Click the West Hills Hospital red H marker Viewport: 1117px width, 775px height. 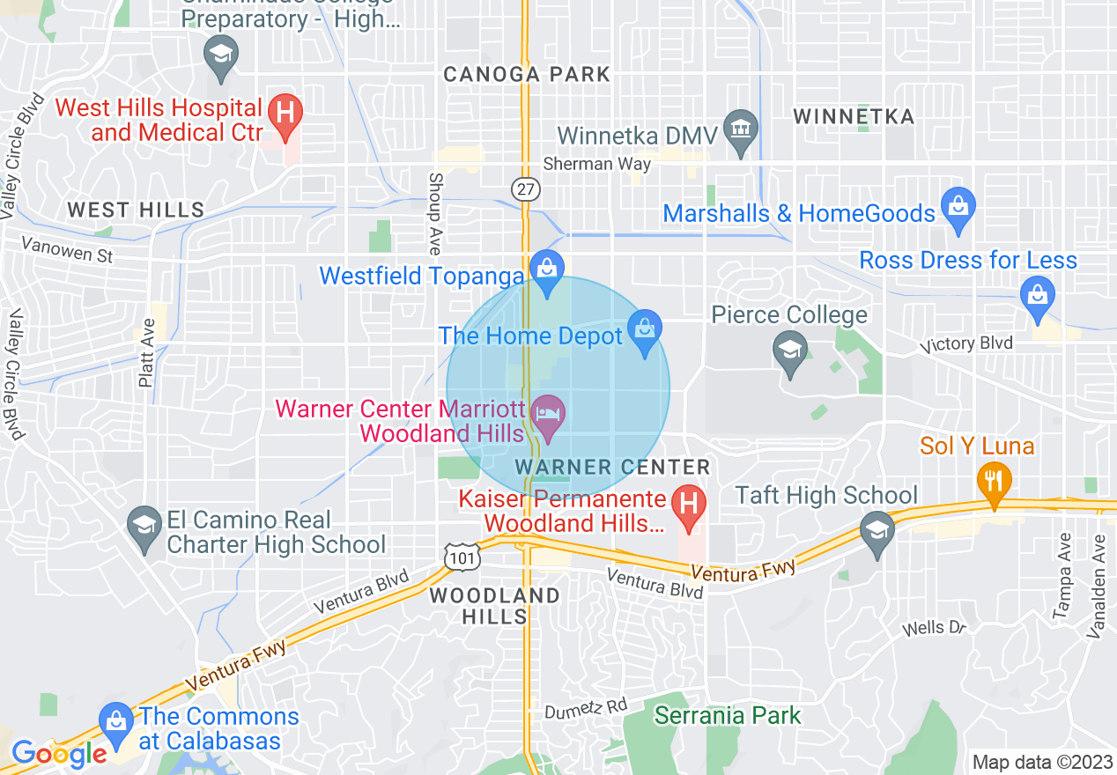pyautogui.click(x=285, y=114)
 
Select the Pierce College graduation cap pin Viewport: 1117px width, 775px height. pyautogui.click(x=789, y=350)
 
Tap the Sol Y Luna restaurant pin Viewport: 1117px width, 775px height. pyautogui.click(x=994, y=481)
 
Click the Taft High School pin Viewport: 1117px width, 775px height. pyautogui.click(x=877, y=531)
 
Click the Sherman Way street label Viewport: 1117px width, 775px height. pyautogui.click(x=597, y=163)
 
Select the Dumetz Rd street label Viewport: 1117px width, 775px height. pyautogui.click(x=585, y=706)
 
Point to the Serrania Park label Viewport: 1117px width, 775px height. pyautogui.click(x=727, y=715)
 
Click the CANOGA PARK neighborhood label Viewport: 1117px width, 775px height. pyautogui.click(x=527, y=74)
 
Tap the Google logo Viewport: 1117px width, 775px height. pyautogui.click(x=59, y=754)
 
